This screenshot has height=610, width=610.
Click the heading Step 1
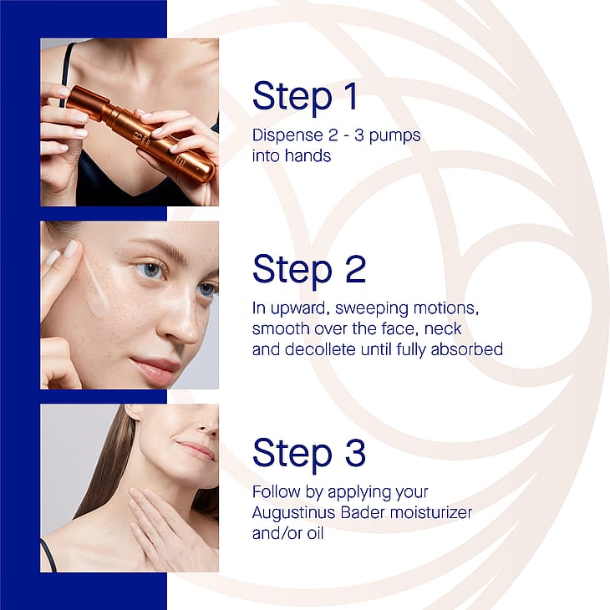point(305,96)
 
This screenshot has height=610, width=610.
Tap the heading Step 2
point(309,270)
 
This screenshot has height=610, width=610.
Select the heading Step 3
point(309,453)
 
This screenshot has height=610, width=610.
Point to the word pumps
point(395,137)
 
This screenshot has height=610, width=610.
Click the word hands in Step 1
point(308,155)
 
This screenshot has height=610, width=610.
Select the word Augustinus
point(293,513)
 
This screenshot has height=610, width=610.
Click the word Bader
point(363,512)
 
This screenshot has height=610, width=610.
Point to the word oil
point(315,533)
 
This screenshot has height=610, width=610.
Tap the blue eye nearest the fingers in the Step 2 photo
point(150,269)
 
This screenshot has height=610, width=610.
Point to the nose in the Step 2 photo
point(180,319)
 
